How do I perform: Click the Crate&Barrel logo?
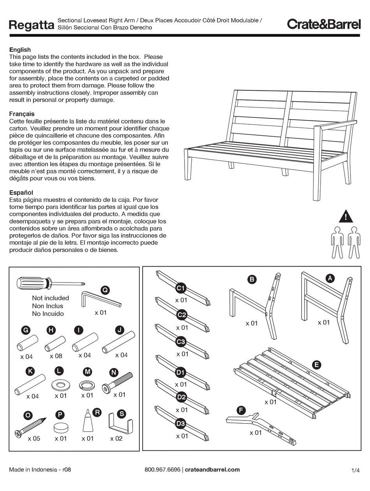click(324, 24)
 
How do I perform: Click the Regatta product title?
click(31, 25)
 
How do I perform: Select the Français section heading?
click(22, 114)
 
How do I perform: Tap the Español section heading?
click(21, 193)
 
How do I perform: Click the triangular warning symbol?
click(345, 216)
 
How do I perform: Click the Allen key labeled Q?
click(101, 300)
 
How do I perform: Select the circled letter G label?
click(26, 330)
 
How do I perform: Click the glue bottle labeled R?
click(88, 422)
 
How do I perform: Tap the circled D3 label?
click(180, 423)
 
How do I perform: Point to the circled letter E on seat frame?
click(317, 365)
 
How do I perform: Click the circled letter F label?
click(241, 410)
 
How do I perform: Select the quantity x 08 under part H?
click(56, 356)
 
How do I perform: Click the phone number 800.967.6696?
click(162, 470)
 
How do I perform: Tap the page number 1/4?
click(355, 470)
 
